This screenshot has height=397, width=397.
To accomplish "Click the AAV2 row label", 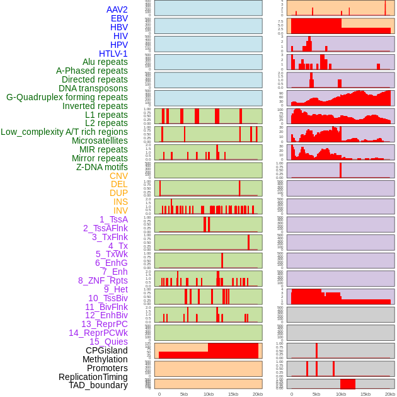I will (x=117, y=9).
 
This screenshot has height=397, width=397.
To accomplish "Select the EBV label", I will (x=119, y=18).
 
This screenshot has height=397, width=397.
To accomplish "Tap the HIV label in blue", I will (x=120, y=36).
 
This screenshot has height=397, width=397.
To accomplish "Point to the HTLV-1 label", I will (x=113, y=54).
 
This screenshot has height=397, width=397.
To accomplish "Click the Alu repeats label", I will (x=105, y=62).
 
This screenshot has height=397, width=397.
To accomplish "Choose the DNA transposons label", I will (x=93, y=88).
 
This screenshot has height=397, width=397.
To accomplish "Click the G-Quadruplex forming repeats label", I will (x=67, y=97).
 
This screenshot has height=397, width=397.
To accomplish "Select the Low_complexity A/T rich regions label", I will (x=64, y=132).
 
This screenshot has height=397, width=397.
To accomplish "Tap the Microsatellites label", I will (x=100, y=141).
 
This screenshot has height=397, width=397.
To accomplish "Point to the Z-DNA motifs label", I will (x=102, y=167).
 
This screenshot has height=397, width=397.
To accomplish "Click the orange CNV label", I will (x=118, y=176).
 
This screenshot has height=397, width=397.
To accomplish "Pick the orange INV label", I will (x=120, y=210).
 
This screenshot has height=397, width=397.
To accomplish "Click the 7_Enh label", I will (x=115, y=272).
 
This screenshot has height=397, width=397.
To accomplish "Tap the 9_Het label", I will (x=116, y=289).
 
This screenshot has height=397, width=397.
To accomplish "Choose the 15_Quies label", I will (x=108, y=342).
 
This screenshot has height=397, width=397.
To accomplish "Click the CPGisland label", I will (x=106, y=350).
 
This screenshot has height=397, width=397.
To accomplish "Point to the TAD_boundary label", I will (x=98, y=385).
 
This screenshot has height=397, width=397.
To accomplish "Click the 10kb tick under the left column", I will (x=208, y=394).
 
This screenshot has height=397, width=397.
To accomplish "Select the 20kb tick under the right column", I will (x=390, y=394).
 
